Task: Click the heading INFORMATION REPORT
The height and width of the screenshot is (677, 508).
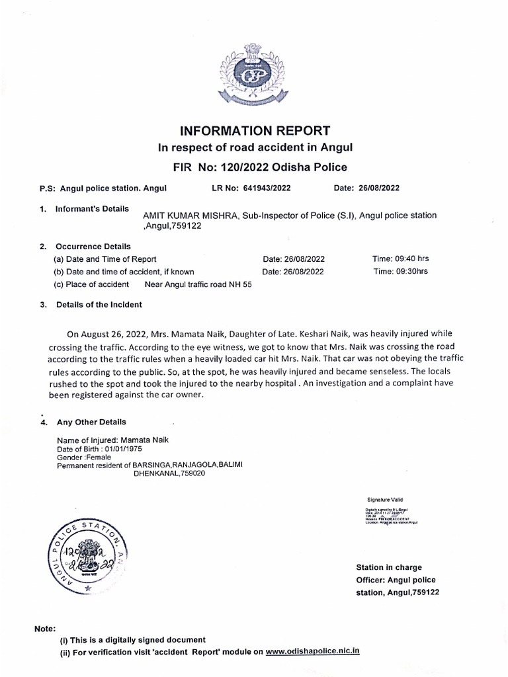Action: pos(255,130)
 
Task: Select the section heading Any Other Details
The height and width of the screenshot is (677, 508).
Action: pos(91,422)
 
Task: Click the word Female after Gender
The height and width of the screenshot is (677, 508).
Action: pos(99,457)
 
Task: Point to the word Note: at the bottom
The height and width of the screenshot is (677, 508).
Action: pos(45,628)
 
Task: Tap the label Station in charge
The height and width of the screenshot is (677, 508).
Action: pos(388,567)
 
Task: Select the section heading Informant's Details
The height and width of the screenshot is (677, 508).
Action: pos(92,209)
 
